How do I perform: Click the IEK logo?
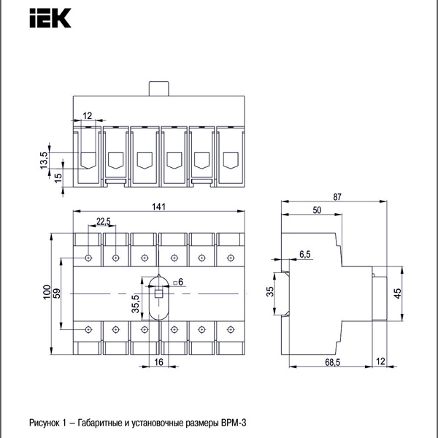50,17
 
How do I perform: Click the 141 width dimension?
159,207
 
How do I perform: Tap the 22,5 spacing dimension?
103,222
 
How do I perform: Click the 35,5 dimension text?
135,304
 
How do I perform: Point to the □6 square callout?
180,282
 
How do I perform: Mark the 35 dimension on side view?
269,293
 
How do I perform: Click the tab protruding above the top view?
159,88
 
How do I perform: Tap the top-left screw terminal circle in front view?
88,257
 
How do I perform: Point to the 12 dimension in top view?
88,115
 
